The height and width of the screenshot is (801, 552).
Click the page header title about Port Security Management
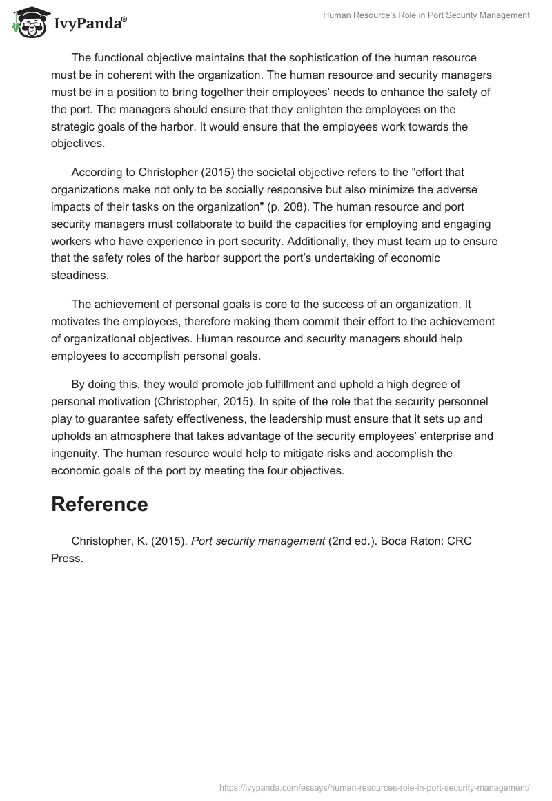coord(426,15)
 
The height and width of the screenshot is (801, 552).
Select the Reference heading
coord(99,504)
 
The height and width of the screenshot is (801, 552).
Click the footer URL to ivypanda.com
coord(374,786)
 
